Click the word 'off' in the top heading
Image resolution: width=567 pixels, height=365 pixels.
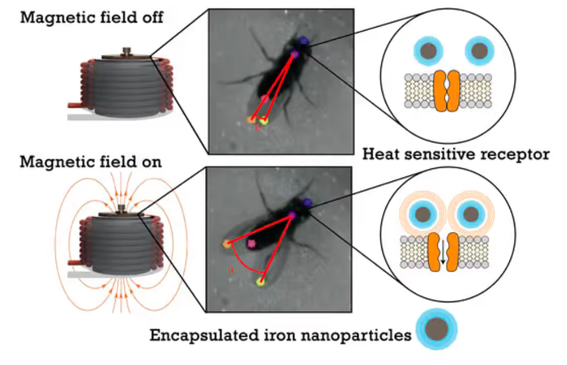click(152, 17)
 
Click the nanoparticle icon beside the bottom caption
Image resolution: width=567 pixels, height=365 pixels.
click(436, 329)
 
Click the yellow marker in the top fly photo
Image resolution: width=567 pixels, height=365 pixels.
click(264, 121)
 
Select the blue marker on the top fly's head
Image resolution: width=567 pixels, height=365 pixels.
click(304, 40)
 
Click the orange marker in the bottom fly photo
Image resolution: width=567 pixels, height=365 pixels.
click(227, 244)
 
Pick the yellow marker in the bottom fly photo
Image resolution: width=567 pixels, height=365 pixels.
click(260, 281)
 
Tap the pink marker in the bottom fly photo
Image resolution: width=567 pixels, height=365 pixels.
click(251, 243)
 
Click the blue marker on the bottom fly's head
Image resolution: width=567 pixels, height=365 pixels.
click(307, 203)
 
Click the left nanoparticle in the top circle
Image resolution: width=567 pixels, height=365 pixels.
click(429, 51)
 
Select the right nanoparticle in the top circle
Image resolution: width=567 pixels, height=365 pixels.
click(479, 51)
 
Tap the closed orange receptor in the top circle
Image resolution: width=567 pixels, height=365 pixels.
click(447, 91)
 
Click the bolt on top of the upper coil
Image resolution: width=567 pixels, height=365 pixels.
click(127, 51)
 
